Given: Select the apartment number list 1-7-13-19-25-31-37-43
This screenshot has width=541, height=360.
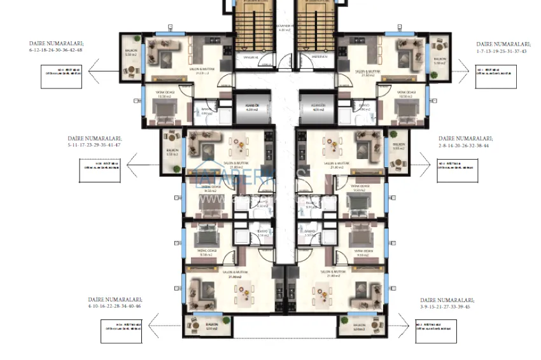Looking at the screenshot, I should (502, 50).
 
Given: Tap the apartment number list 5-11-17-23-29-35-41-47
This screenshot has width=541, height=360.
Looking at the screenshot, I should (94, 144).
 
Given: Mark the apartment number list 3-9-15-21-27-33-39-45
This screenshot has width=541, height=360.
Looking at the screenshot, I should (445, 306).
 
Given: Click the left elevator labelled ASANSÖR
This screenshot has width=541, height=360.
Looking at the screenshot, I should (245, 106).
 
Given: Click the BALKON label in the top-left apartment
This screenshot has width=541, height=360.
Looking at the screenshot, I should (131, 53).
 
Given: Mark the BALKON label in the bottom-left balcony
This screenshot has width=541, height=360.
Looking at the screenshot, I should (211, 326).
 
